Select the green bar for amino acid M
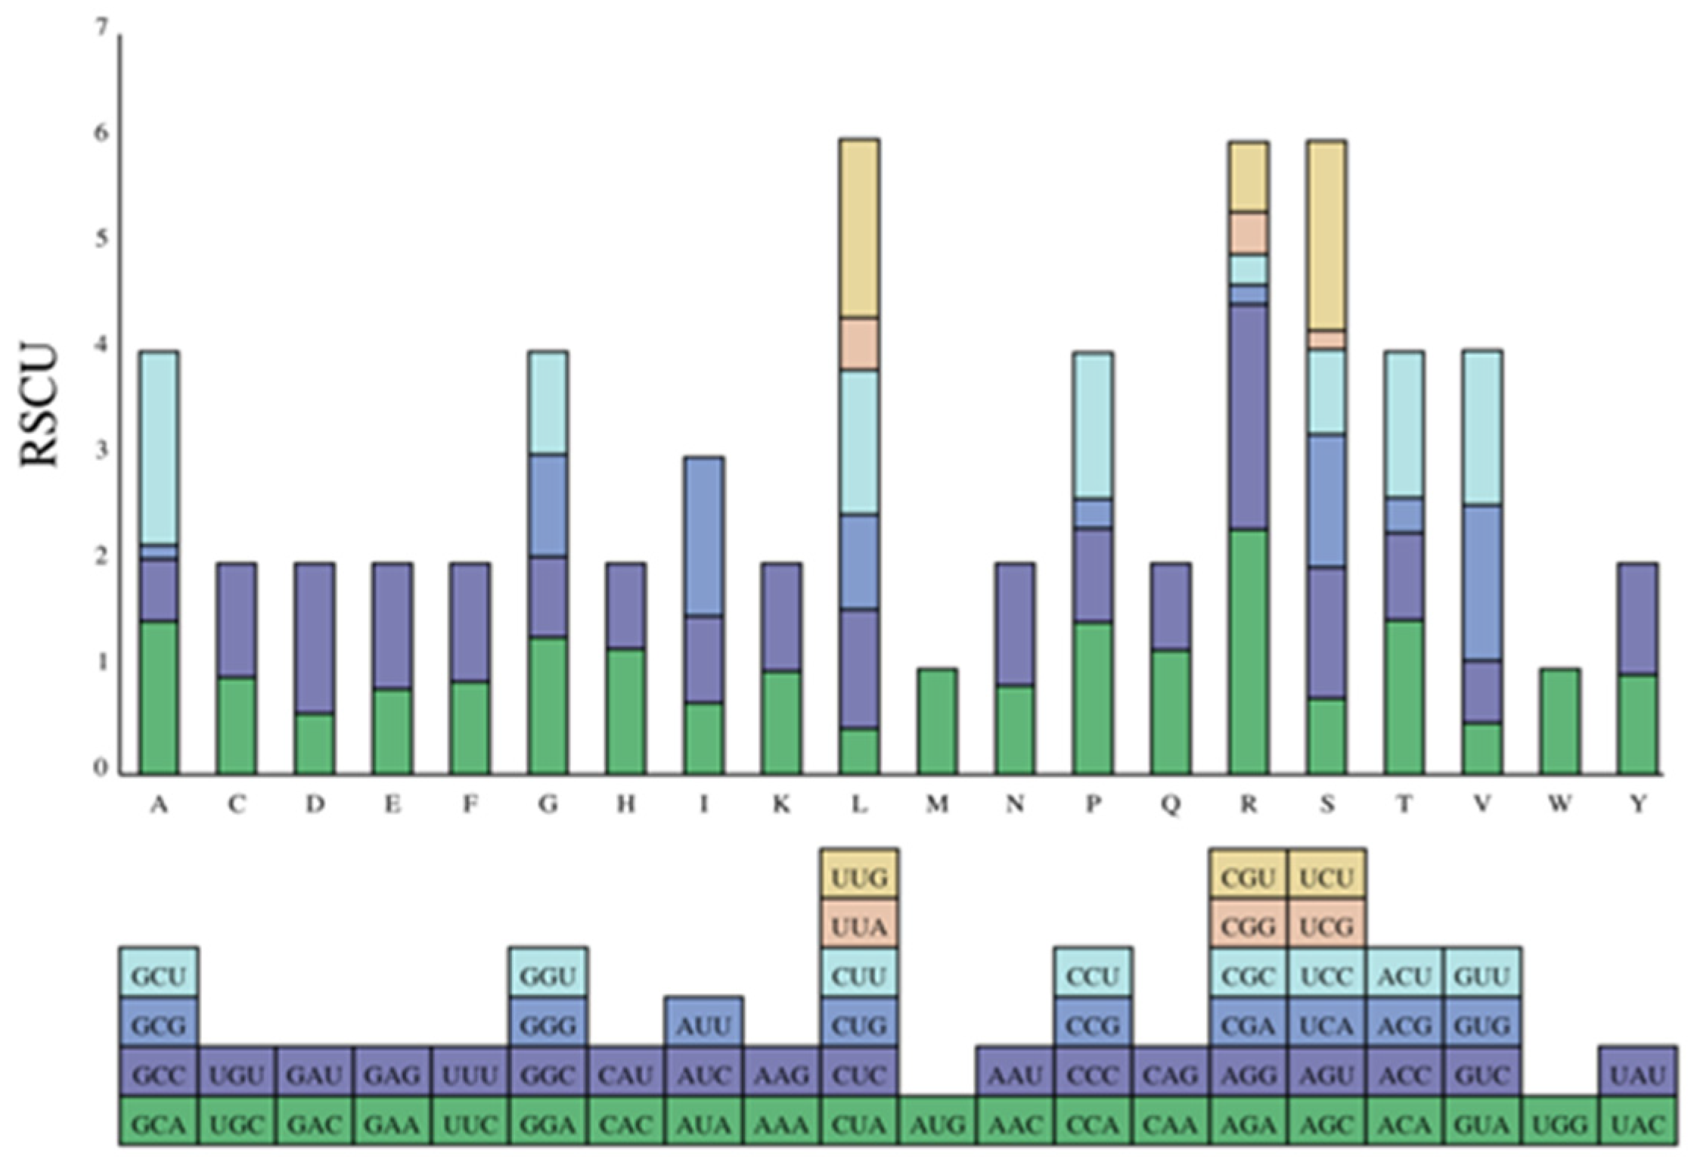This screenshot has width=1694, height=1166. coord(937,721)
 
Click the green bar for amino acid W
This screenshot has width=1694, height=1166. coord(1560,721)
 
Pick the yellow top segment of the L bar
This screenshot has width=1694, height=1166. coord(859,227)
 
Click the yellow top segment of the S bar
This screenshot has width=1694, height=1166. coord(1326,235)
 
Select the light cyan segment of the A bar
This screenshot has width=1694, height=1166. coord(159,446)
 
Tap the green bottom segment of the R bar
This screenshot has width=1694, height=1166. coord(1249,651)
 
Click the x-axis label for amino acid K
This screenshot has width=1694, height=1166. coord(781,804)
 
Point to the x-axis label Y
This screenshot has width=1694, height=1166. coord(1638,804)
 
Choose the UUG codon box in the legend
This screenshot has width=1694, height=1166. coord(859,878)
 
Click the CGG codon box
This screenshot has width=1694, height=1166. coord(1249,926)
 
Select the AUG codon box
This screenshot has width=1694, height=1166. coord(937,1124)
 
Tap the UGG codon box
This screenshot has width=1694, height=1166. coord(1560,1124)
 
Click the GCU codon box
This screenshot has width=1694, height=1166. coord(159,976)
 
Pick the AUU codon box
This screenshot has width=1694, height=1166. coord(703,1026)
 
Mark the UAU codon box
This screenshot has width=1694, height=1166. coord(1638,1074)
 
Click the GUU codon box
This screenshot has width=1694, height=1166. coord(1482,976)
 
